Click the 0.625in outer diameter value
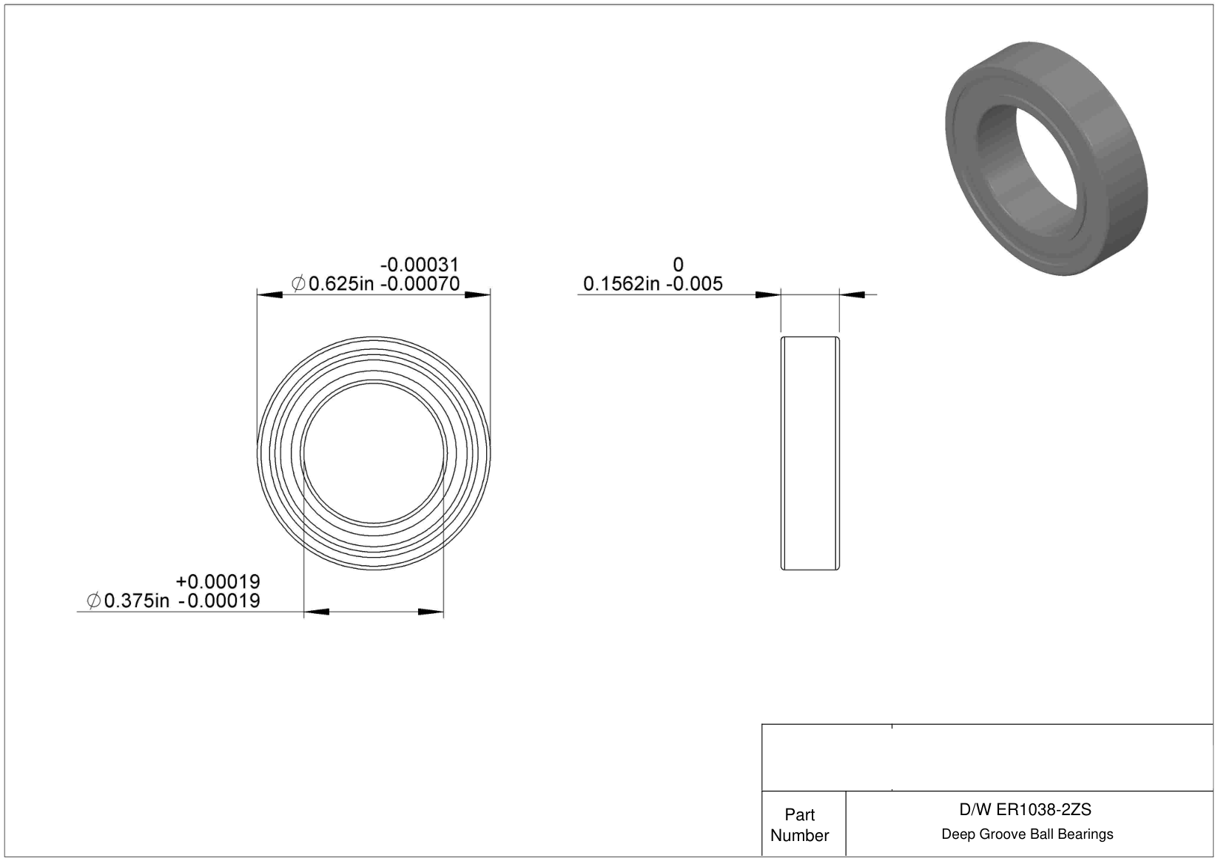click(341, 284)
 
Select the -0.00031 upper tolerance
click(420, 266)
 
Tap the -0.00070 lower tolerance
click(420, 284)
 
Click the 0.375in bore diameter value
click(136, 601)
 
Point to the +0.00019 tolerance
click(218, 582)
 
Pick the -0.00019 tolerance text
click(219, 601)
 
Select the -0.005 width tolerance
click(694, 284)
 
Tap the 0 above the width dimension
click(678, 266)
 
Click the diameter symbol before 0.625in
click(298, 284)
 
